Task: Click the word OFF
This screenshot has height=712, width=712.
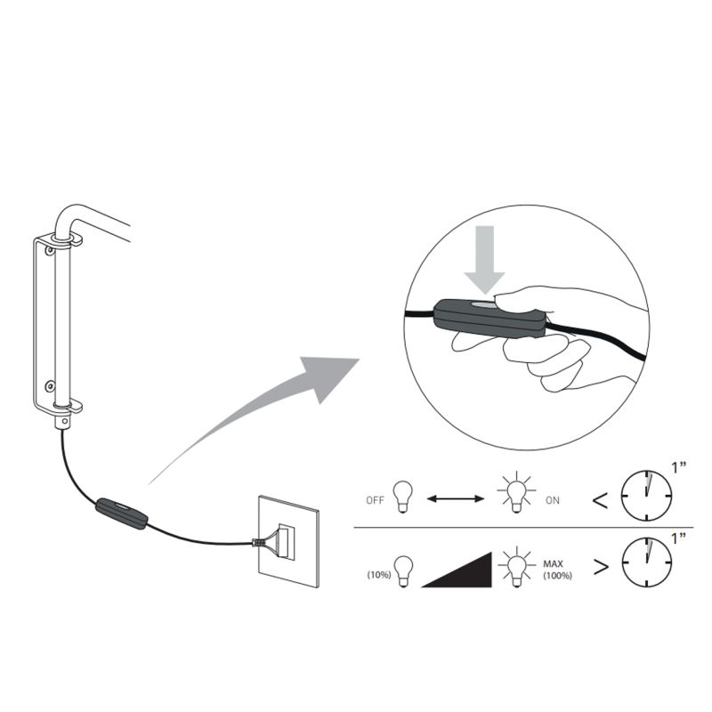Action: (375, 500)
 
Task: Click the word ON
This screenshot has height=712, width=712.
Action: (553, 500)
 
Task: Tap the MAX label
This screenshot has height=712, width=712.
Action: (553, 564)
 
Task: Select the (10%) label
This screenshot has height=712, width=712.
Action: (379, 575)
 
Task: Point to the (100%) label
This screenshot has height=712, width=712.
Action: (558, 576)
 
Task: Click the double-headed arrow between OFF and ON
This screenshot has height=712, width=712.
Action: (456, 499)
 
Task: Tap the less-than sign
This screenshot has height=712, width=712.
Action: (600, 501)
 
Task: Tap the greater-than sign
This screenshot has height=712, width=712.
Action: (601, 567)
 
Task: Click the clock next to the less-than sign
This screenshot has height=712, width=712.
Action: (646, 496)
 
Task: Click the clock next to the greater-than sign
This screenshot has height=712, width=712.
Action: (647, 562)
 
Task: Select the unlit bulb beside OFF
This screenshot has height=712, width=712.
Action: (403, 497)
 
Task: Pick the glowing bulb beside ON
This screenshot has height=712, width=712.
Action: (516, 494)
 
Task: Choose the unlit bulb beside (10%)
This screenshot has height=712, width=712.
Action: (403, 571)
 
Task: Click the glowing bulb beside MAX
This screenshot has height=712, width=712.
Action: (517, 568)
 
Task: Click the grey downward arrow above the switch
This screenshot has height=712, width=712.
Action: (484, 259)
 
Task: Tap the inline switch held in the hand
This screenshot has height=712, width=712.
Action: (489, 318)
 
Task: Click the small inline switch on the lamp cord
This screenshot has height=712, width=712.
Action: (121, 514)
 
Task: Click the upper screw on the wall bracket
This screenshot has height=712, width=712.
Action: (49, 250)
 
